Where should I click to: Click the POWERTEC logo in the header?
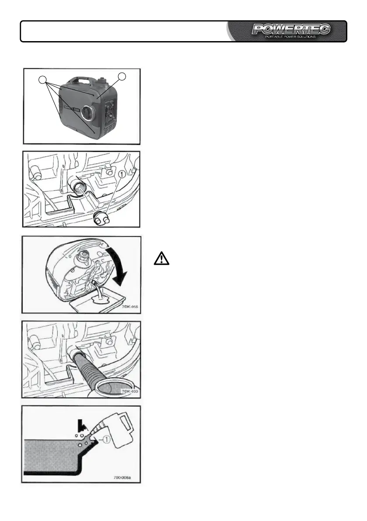pyautogui.click(x=291, y=29)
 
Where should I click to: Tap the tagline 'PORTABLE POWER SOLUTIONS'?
pyautogui.click(x=291, y=37)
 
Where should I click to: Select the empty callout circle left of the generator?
pyautogui.click(x=42, y=80)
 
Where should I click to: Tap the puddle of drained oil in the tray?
pyautogui.click(x=102, y=300)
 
